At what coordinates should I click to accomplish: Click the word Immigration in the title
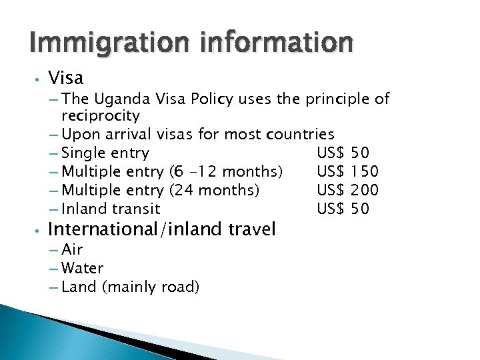tap(97, 43)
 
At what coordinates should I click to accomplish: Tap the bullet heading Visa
tap(66, 78)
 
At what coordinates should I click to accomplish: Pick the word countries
tap(300, 135)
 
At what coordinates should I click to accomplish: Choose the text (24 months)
tap(214, 191)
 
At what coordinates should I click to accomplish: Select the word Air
tap(72, 250)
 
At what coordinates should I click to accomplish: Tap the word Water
tap(82, 269)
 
